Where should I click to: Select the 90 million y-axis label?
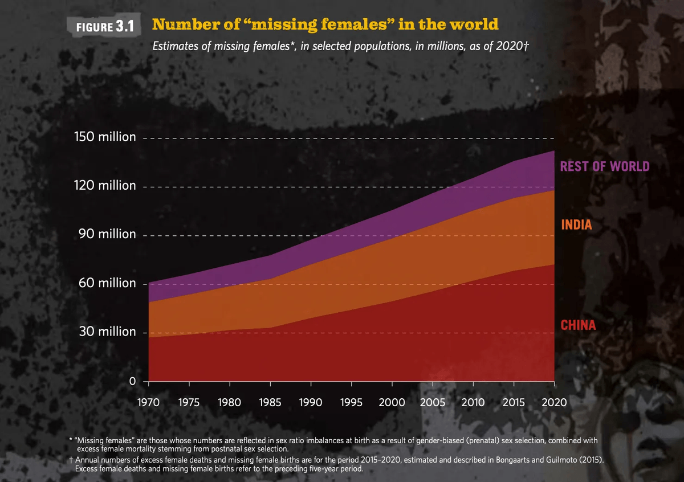[107, 235]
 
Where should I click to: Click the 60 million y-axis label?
[107, 283]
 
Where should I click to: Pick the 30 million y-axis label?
[107, 332]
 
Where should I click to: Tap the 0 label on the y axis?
[132, 381]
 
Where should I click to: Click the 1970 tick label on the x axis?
[149, 402]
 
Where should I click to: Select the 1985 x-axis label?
[270, 402]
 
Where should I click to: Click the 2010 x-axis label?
[472, 402]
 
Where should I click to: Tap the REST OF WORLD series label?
[605, 166]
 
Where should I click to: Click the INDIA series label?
[576, 225]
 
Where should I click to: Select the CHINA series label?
[578, 325]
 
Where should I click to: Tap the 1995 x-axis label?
[351, 402]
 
